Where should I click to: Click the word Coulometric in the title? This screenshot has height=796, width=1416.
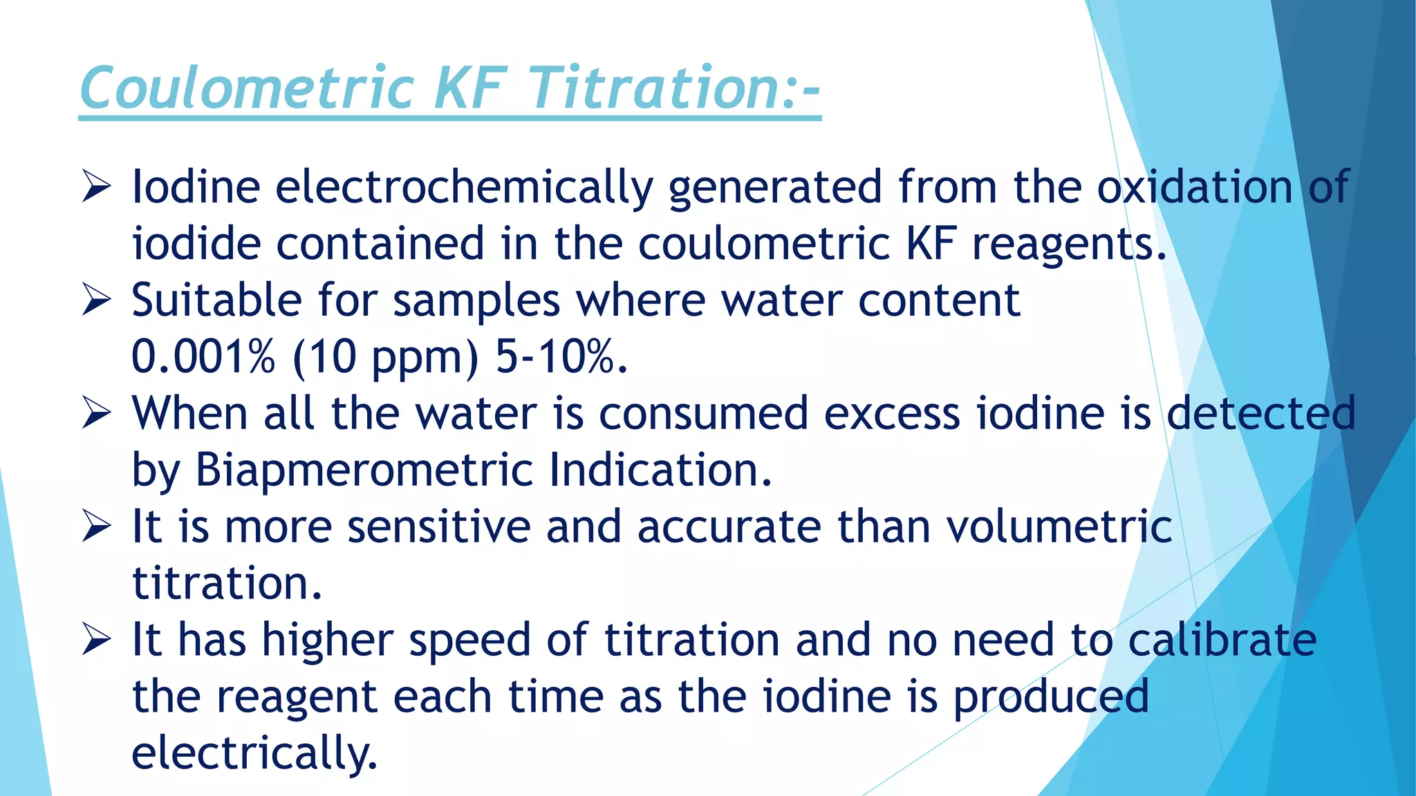pyautogui.click(x=247, y=88)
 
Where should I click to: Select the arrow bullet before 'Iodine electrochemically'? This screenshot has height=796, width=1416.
pyautogui.click(x=96, y=187)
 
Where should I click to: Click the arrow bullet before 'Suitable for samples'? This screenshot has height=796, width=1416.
pyautogui.click(x=96, y=301)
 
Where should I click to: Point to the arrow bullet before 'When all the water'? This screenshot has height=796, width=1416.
pyautogui.click(x=96, y=414)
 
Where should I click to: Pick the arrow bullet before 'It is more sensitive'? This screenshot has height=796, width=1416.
pyautogui.click(x=96, y=527)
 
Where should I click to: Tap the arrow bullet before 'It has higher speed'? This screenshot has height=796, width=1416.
pyautogui.click(x=96, y=641)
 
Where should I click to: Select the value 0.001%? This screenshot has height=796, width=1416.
pyautogui.click(x=203, y=357)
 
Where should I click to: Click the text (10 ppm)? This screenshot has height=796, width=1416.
pyautogui.click(x=385, y=357)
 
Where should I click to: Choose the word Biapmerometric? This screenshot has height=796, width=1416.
pyautogui.click(x=364, y=471)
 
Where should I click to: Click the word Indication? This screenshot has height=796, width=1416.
pyautogui.click(x=660, y=471)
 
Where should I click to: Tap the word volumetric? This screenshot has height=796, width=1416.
pyautogui.click(x=1059, y=527)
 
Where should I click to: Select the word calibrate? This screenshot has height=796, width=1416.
pyautogui.click(x=1222, y=641)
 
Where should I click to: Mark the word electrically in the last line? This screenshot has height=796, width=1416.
pyautogui.click(x=254, y=752)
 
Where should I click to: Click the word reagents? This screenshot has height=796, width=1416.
pyautogui.click(x=1069, y=244)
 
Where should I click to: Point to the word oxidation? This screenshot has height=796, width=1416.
pyautogui.click(x=1195, y=187)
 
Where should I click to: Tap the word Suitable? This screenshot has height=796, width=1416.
pyautogui.click(x=217, y=301)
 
